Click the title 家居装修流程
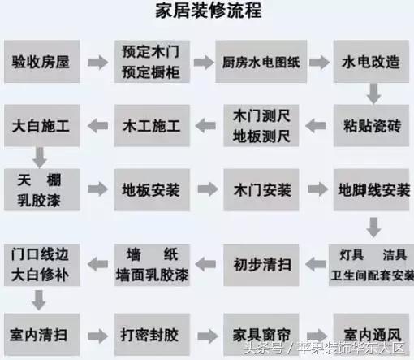click(x=206, y=13)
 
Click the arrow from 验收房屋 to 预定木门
click(x=97, y=62)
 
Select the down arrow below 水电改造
click(x=373, y=93)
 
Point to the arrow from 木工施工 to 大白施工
click(x=97, y=126)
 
